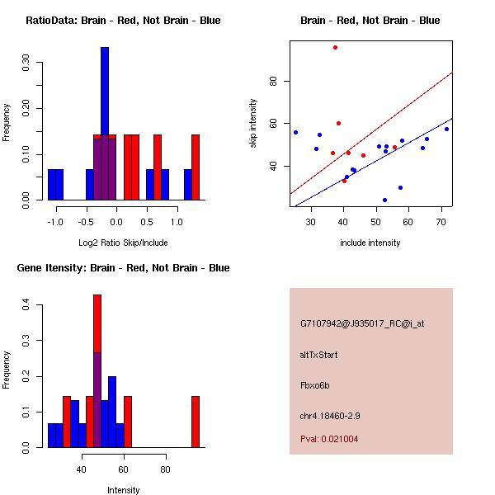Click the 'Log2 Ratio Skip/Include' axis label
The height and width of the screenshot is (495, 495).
123,243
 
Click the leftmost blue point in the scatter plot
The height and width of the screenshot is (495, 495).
295,132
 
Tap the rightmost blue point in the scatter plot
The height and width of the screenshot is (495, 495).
446,129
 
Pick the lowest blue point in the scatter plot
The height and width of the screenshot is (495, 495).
384,200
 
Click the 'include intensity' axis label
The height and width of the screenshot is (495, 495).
370,243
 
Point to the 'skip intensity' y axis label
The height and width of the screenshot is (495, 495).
253,123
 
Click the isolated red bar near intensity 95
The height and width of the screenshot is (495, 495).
196,422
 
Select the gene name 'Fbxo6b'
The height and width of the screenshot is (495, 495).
315,385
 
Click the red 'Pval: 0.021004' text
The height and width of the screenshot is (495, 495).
329,439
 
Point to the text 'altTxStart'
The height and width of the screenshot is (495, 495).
318,355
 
